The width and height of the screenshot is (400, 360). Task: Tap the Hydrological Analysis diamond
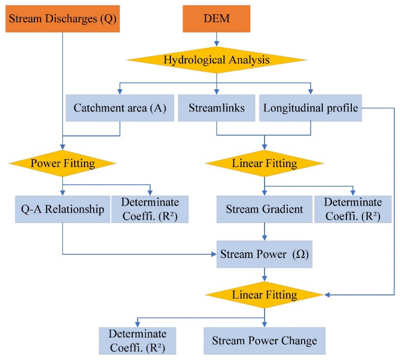[216, 60]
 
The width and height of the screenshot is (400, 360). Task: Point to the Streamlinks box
[216, 108]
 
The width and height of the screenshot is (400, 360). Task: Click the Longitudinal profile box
[310, 108]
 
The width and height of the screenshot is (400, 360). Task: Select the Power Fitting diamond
[62, 163]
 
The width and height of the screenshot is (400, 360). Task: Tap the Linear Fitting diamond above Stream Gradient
[265, 163]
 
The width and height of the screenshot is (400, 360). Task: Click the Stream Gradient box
[265, 209]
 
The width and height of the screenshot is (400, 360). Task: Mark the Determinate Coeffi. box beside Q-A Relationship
[150, 209]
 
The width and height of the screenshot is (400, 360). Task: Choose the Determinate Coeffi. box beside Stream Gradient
[352, 209]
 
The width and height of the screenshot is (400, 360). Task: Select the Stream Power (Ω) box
[265, 255]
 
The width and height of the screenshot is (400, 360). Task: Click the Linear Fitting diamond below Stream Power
[265, 294]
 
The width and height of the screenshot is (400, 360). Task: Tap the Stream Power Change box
[265, 340]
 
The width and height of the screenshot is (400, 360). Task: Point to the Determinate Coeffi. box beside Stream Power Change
[138, 340]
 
